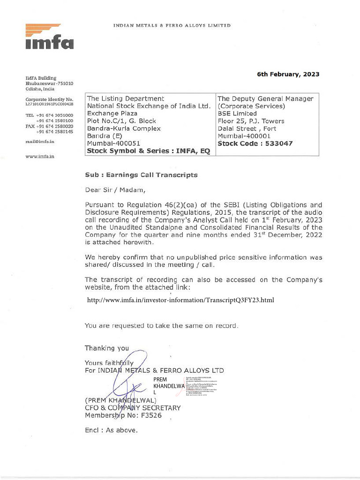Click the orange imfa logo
49,37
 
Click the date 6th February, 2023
288,74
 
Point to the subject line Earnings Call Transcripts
141,175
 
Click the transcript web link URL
180,300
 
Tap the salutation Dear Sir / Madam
115,190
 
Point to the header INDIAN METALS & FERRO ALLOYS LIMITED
172,25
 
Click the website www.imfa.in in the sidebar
40,156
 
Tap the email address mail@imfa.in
40,141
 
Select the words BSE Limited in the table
237,113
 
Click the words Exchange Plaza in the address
112,113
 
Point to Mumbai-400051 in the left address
114,143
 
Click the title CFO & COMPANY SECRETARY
132,408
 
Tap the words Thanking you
106,348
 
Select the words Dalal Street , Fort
247,128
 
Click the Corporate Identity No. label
49,99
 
